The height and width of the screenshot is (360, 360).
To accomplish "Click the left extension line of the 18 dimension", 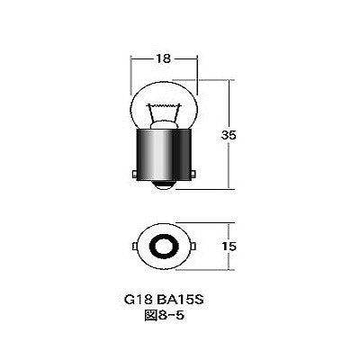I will tap(132, 67).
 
